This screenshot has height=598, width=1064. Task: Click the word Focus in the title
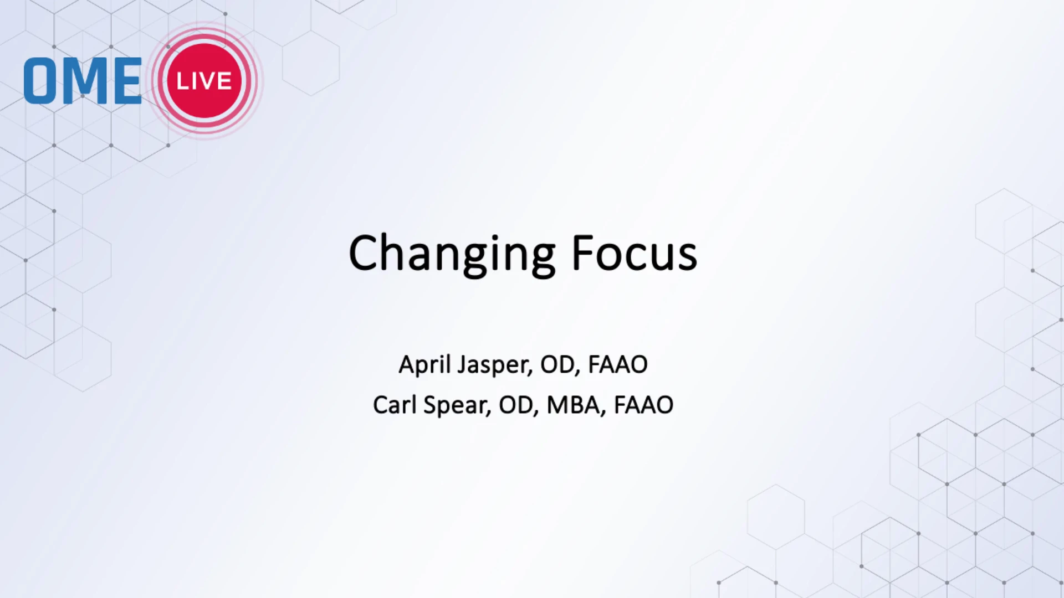click(635, 253)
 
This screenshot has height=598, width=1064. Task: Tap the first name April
click(424, 365)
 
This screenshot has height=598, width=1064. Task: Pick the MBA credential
click(576, 405)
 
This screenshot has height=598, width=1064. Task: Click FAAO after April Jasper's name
click(617, 364)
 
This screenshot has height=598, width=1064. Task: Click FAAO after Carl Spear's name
click(643, 405)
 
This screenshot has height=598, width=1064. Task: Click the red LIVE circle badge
click(204, 81)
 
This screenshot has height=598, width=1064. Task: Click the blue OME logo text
click(83, 81)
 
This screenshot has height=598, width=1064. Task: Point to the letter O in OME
click(40, 81)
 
